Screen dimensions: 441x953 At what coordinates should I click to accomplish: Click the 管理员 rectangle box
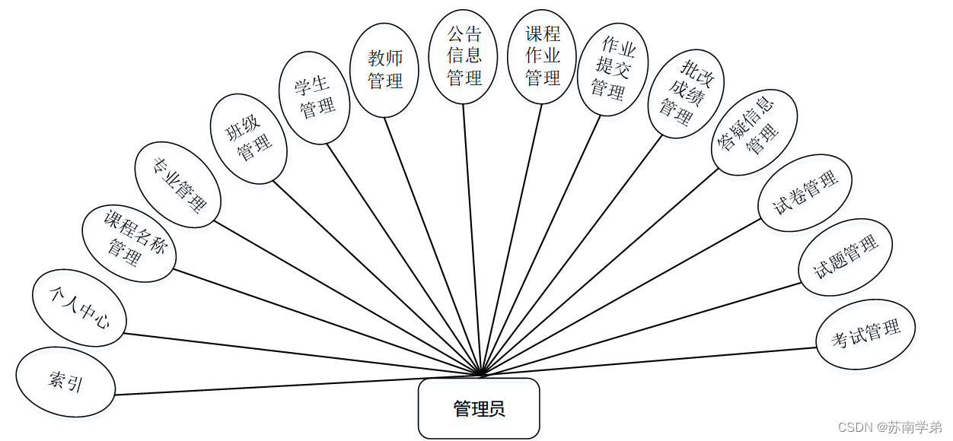pyautogui.click(x=479, y=408)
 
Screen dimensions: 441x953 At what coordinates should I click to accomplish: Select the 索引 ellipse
pyautogui.click(x=65, y=382)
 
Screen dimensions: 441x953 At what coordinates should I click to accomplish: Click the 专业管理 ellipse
pyautogui.click(x=178, y=185)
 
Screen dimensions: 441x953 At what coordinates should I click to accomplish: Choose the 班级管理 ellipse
pyautogui.click(x=249, y=139)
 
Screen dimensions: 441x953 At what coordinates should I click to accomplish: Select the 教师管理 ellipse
pyautogui.click(x=385, y=71)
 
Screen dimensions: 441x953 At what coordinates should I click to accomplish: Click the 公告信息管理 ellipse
pyautogui.click(x=464, y=56)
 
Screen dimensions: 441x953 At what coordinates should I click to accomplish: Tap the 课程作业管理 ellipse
pyautogui.click(x=543, y=56)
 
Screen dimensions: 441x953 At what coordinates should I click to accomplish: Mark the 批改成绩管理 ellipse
pyautogui.click(x=684, y=94)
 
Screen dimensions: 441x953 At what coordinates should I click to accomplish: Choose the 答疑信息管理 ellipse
pyautogui.click(x=753, y=131)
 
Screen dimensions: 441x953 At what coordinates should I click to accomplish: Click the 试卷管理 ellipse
pyautogui.click(x=805, y=191)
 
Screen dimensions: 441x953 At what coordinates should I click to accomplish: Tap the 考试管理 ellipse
pyautogui.click(x=865, y=334)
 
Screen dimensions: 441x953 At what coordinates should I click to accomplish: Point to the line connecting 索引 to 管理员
pyautogui.click(x=297, y=385)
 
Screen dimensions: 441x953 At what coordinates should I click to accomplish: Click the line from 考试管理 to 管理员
pyautogui.click(x=647, y=362)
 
